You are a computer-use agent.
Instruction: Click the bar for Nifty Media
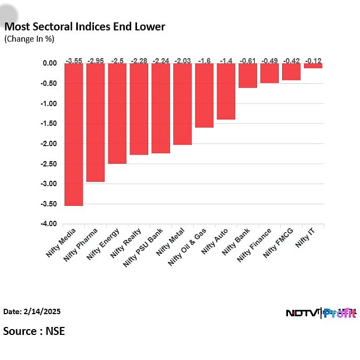tap(74, 134)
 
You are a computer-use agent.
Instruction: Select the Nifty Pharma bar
tap(95, 122)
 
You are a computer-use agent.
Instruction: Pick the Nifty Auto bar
tap(226, 91)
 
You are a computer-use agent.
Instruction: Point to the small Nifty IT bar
tap(313, 66)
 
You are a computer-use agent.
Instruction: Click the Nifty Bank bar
tap(248, 75)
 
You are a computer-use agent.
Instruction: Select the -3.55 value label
tap(74, 60)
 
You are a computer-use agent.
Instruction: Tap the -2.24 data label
tap(161, 60)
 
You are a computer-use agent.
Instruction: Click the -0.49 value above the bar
tap(270, 60)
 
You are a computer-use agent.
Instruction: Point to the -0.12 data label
tap(313, 60)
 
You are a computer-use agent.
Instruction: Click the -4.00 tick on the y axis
tap(49, 224)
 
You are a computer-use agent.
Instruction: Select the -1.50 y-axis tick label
tap(49, 124)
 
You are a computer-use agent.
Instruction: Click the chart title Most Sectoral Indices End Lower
tap(85, 27)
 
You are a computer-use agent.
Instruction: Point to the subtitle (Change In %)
tap(29, 39)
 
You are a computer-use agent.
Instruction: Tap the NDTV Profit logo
tap(321, 313)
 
